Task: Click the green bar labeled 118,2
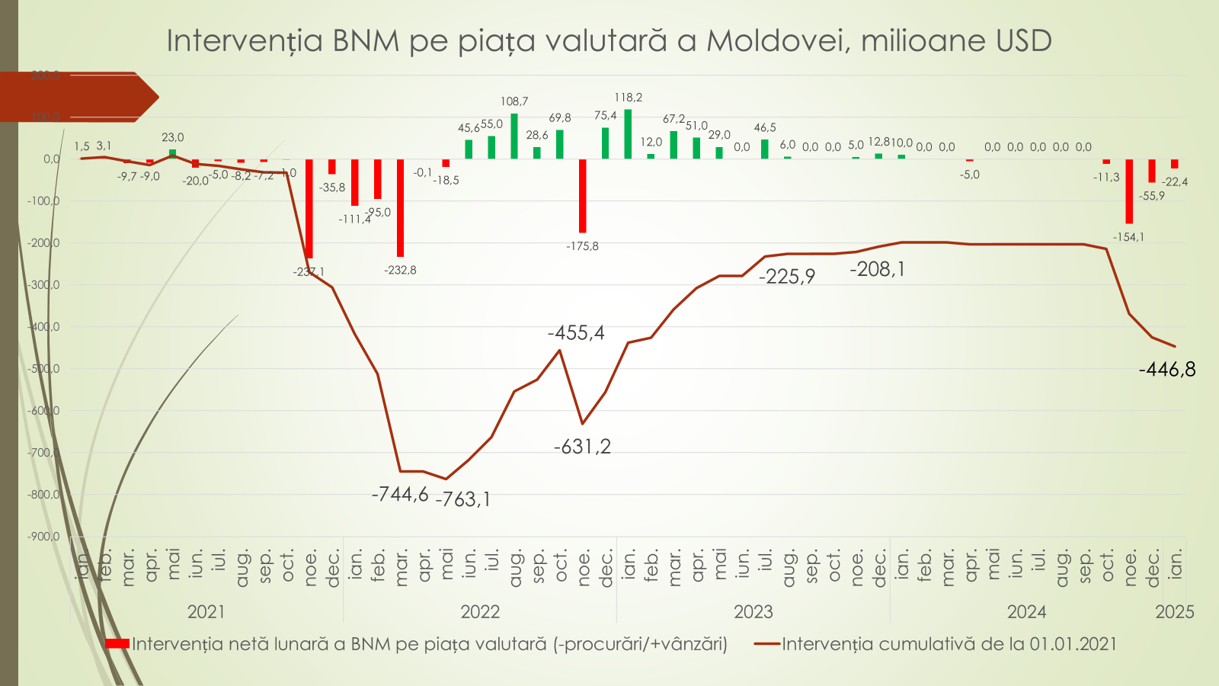pos(628,134)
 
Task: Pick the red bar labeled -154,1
pos(1129,191)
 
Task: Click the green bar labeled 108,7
pos(514,136)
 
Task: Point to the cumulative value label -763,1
pos(463,499)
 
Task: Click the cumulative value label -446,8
pos(1167,370)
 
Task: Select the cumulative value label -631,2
pos(582,447)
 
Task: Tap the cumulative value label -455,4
pos(576,333)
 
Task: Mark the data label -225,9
pos(786,277)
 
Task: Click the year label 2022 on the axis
pos(480,612)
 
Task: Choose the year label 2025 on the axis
pos(1174,612)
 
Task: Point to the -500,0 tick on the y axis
pos(44,369)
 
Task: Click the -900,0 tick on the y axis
pos(44,537)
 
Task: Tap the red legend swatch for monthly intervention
pos(117,644)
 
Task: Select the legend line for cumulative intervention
pos(767,644)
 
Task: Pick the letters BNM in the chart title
pos(366,40)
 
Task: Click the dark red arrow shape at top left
pos(76,97)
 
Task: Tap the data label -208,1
pos(878,269)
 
